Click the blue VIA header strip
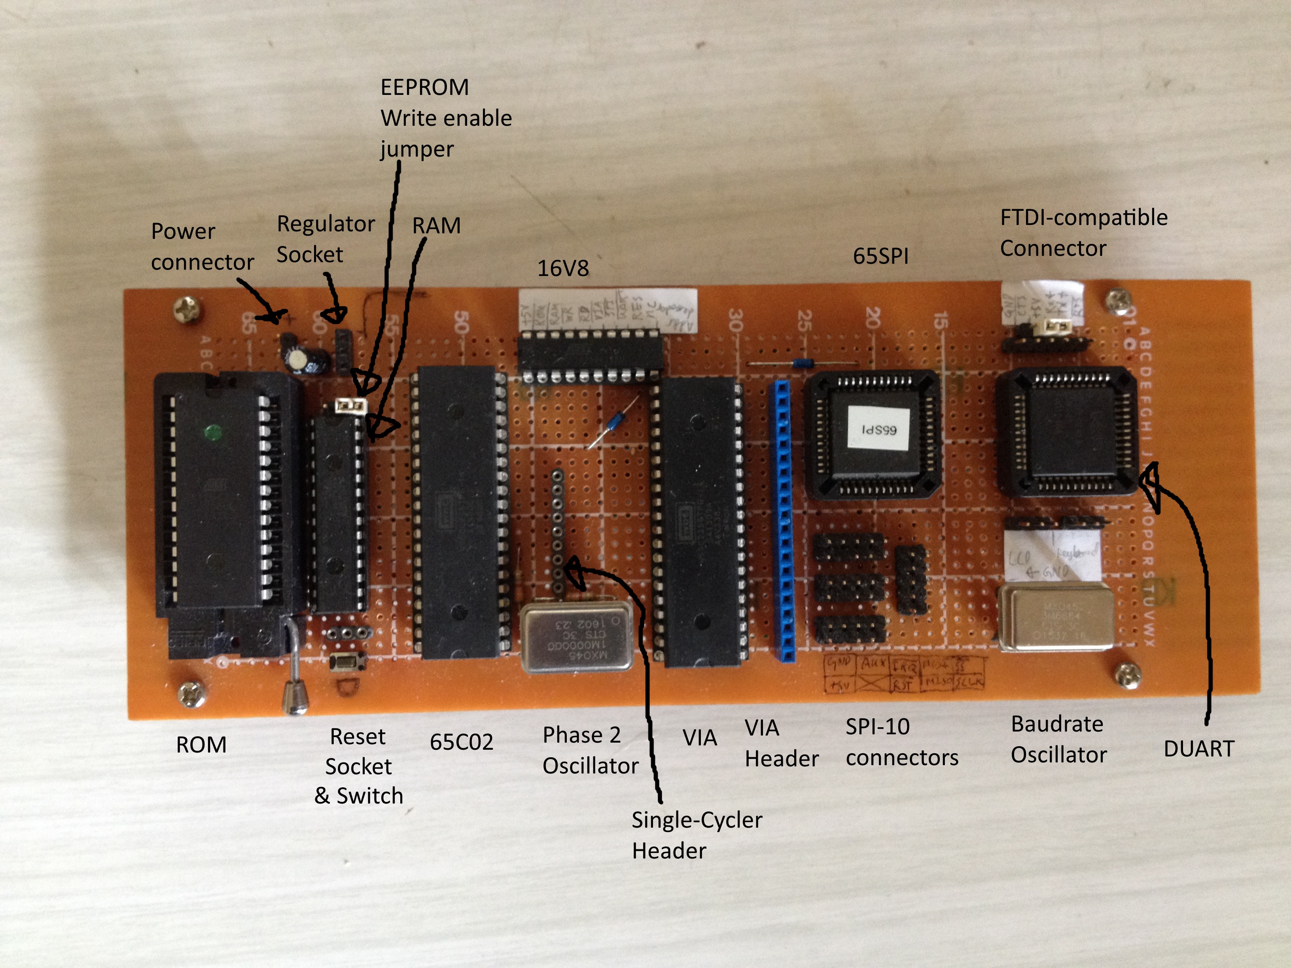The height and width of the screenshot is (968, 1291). coord(784,519)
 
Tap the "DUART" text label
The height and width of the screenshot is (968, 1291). coord(1199,749)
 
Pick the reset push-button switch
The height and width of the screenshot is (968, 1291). coord(348,662)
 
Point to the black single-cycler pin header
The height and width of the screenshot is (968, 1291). coord(557,531)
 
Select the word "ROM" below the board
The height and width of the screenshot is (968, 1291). coord(201,745)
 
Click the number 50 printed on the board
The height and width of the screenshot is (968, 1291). coord(462,322)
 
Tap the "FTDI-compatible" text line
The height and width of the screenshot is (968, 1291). coord(1084,217)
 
